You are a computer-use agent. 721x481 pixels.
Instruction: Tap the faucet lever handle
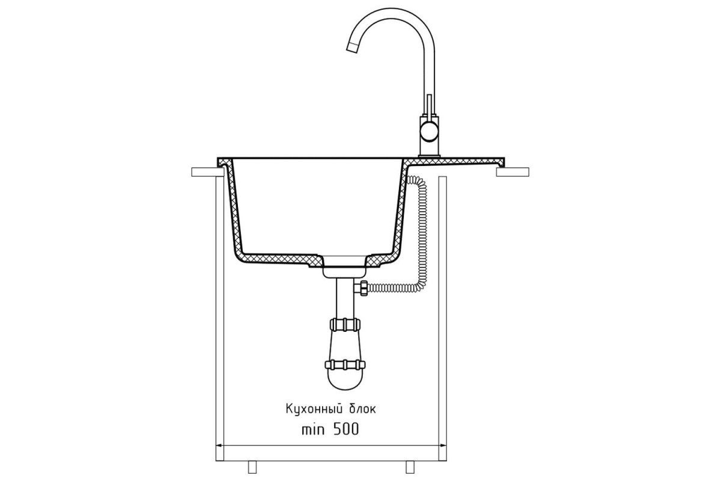(429, 105)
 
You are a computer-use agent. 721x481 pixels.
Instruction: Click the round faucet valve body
(428, 133)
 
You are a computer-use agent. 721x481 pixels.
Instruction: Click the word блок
(362, 409)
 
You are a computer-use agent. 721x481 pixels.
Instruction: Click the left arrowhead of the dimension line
(219, 446)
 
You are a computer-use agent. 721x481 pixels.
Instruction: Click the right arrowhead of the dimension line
(443, 446)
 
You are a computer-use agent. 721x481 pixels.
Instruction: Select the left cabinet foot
(252, 467)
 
